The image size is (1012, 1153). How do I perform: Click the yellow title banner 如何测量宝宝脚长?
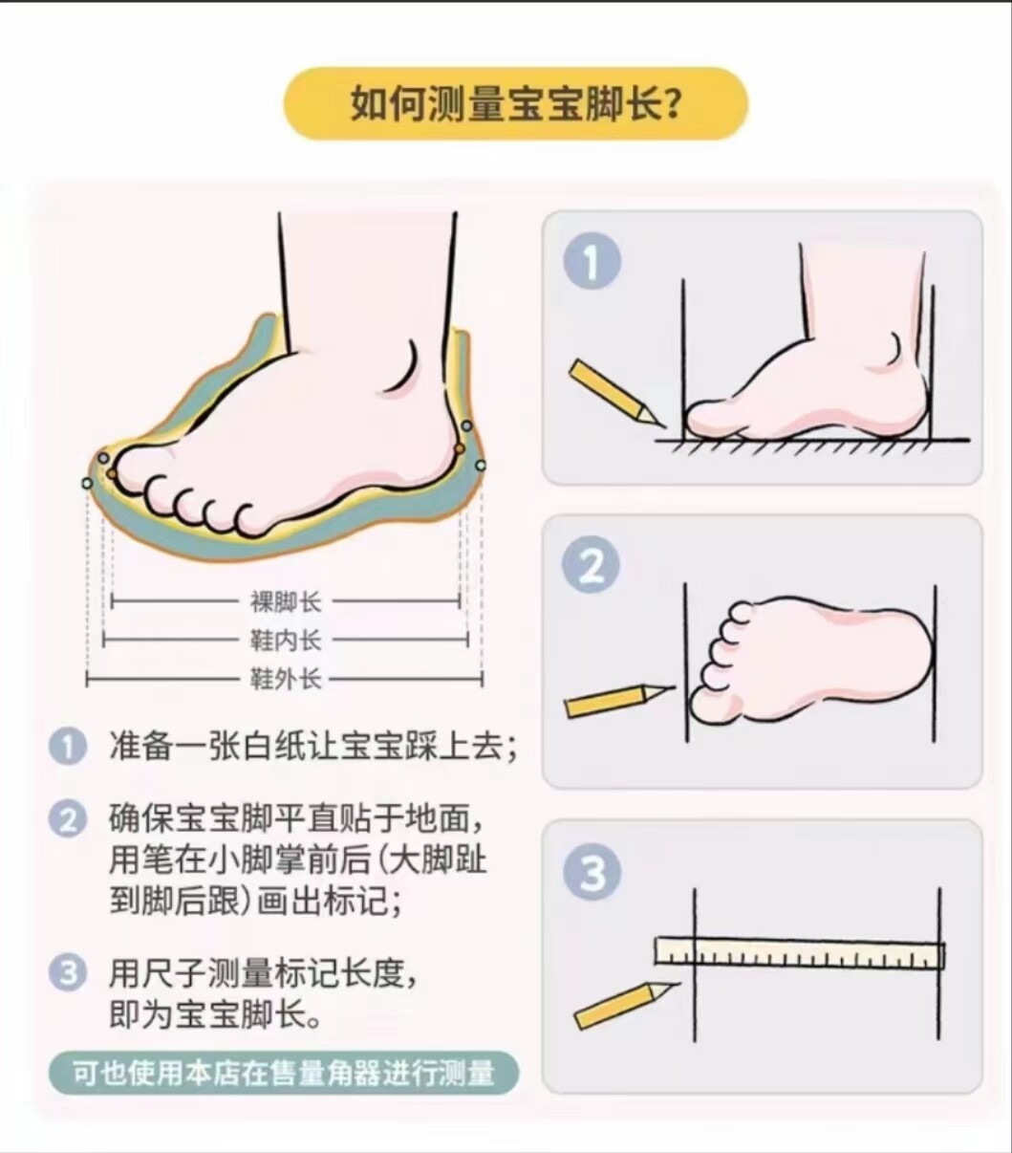click(x=516, y=103)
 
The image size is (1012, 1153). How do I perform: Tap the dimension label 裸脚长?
click(x=286, y=602)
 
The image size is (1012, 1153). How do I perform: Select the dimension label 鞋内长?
click(x=286, y=641)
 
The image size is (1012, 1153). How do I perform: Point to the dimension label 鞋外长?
click(x=286, y=679)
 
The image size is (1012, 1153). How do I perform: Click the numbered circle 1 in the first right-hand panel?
click(x=592, y=262)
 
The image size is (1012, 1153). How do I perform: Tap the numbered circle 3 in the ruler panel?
click(x=592, y=873)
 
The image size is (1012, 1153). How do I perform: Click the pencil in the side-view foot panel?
click(x=614, y=393)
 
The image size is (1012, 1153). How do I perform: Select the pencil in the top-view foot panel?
click(x=619, y=701)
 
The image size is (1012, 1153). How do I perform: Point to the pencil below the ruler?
click(x=626, y=1006)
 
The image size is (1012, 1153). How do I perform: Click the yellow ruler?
click(x=799, y=952)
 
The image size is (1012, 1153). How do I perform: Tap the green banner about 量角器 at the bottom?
click(x=284, y=1075)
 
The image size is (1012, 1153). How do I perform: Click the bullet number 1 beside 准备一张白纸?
click(x=68, y=748)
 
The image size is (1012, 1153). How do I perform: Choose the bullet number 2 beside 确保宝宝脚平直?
click(x=68, y=820)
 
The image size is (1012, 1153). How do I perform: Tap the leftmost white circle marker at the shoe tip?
click(x=87, y=483)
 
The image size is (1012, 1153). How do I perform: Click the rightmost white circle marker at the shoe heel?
click(x=481, y=465)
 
